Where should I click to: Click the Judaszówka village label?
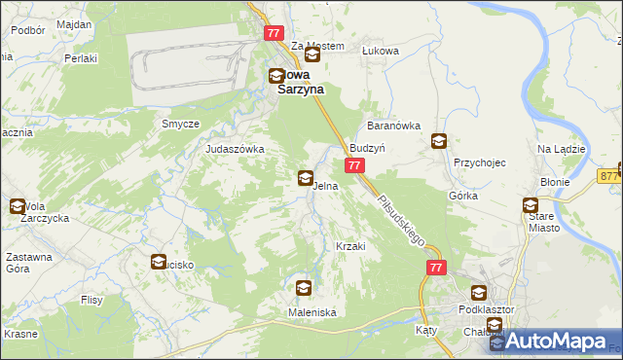tap(235, 149)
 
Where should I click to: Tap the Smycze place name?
tap(181, 125)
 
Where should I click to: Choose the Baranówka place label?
tap(392, 126)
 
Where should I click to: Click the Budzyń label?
tap(369, 149)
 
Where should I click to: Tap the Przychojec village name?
tap(480, 162)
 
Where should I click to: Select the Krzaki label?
tap(349, 246)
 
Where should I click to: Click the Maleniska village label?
tap(311, 312)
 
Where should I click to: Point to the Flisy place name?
tap(92, 300)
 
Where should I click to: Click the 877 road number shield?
tap(610, 176)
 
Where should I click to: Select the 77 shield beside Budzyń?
tap(354, 167)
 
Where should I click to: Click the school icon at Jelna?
tap(306, 178)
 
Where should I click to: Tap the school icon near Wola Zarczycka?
tap(17, 206)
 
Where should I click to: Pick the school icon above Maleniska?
tap(304, 288)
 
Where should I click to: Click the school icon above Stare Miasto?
tap(531, 205)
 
